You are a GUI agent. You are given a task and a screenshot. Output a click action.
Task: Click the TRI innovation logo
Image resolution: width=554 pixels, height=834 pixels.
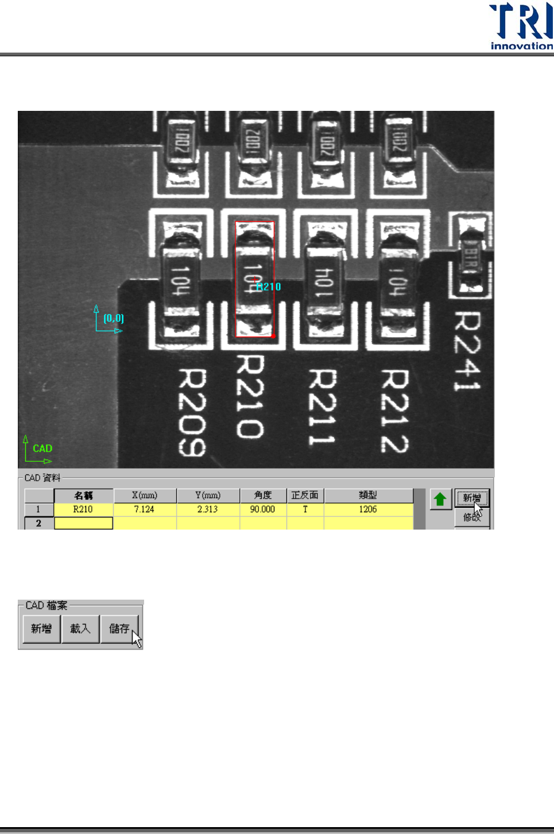[520, 26]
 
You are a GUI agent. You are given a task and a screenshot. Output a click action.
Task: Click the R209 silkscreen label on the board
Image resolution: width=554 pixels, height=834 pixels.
[192, 412]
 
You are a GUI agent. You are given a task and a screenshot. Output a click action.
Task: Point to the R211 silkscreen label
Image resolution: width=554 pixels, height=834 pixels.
[322, 407]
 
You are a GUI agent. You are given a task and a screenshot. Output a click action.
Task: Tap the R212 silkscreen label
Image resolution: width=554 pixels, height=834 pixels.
[395, 411]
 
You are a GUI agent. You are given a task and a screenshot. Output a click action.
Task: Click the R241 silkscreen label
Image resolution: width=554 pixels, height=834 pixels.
[468, 350]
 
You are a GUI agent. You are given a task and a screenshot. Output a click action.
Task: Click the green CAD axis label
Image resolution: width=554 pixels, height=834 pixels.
[42, 448]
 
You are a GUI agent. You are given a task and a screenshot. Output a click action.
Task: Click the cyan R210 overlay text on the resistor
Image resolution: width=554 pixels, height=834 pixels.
[269, 287]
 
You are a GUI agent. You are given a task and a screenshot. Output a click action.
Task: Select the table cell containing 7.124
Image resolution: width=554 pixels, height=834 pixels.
[144, 509]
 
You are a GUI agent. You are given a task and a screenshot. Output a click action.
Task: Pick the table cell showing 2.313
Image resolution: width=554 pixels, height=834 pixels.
[207, 509]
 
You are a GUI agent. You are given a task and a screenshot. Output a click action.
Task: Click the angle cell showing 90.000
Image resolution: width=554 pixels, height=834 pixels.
[262, 509]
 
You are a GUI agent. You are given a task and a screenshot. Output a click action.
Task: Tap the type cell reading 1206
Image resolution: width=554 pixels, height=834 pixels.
[368, 509]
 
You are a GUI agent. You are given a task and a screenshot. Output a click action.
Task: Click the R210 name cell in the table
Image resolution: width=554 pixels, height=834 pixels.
[83, 509]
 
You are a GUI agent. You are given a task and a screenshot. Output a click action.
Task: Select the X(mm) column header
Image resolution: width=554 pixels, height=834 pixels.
[144, 495]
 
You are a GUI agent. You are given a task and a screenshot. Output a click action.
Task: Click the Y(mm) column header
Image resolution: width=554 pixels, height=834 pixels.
[207, 495]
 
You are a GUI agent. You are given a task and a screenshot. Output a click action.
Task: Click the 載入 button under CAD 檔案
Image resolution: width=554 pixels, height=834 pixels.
[80, 629]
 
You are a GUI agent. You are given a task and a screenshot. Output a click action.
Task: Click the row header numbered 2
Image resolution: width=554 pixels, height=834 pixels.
[38, 523]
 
